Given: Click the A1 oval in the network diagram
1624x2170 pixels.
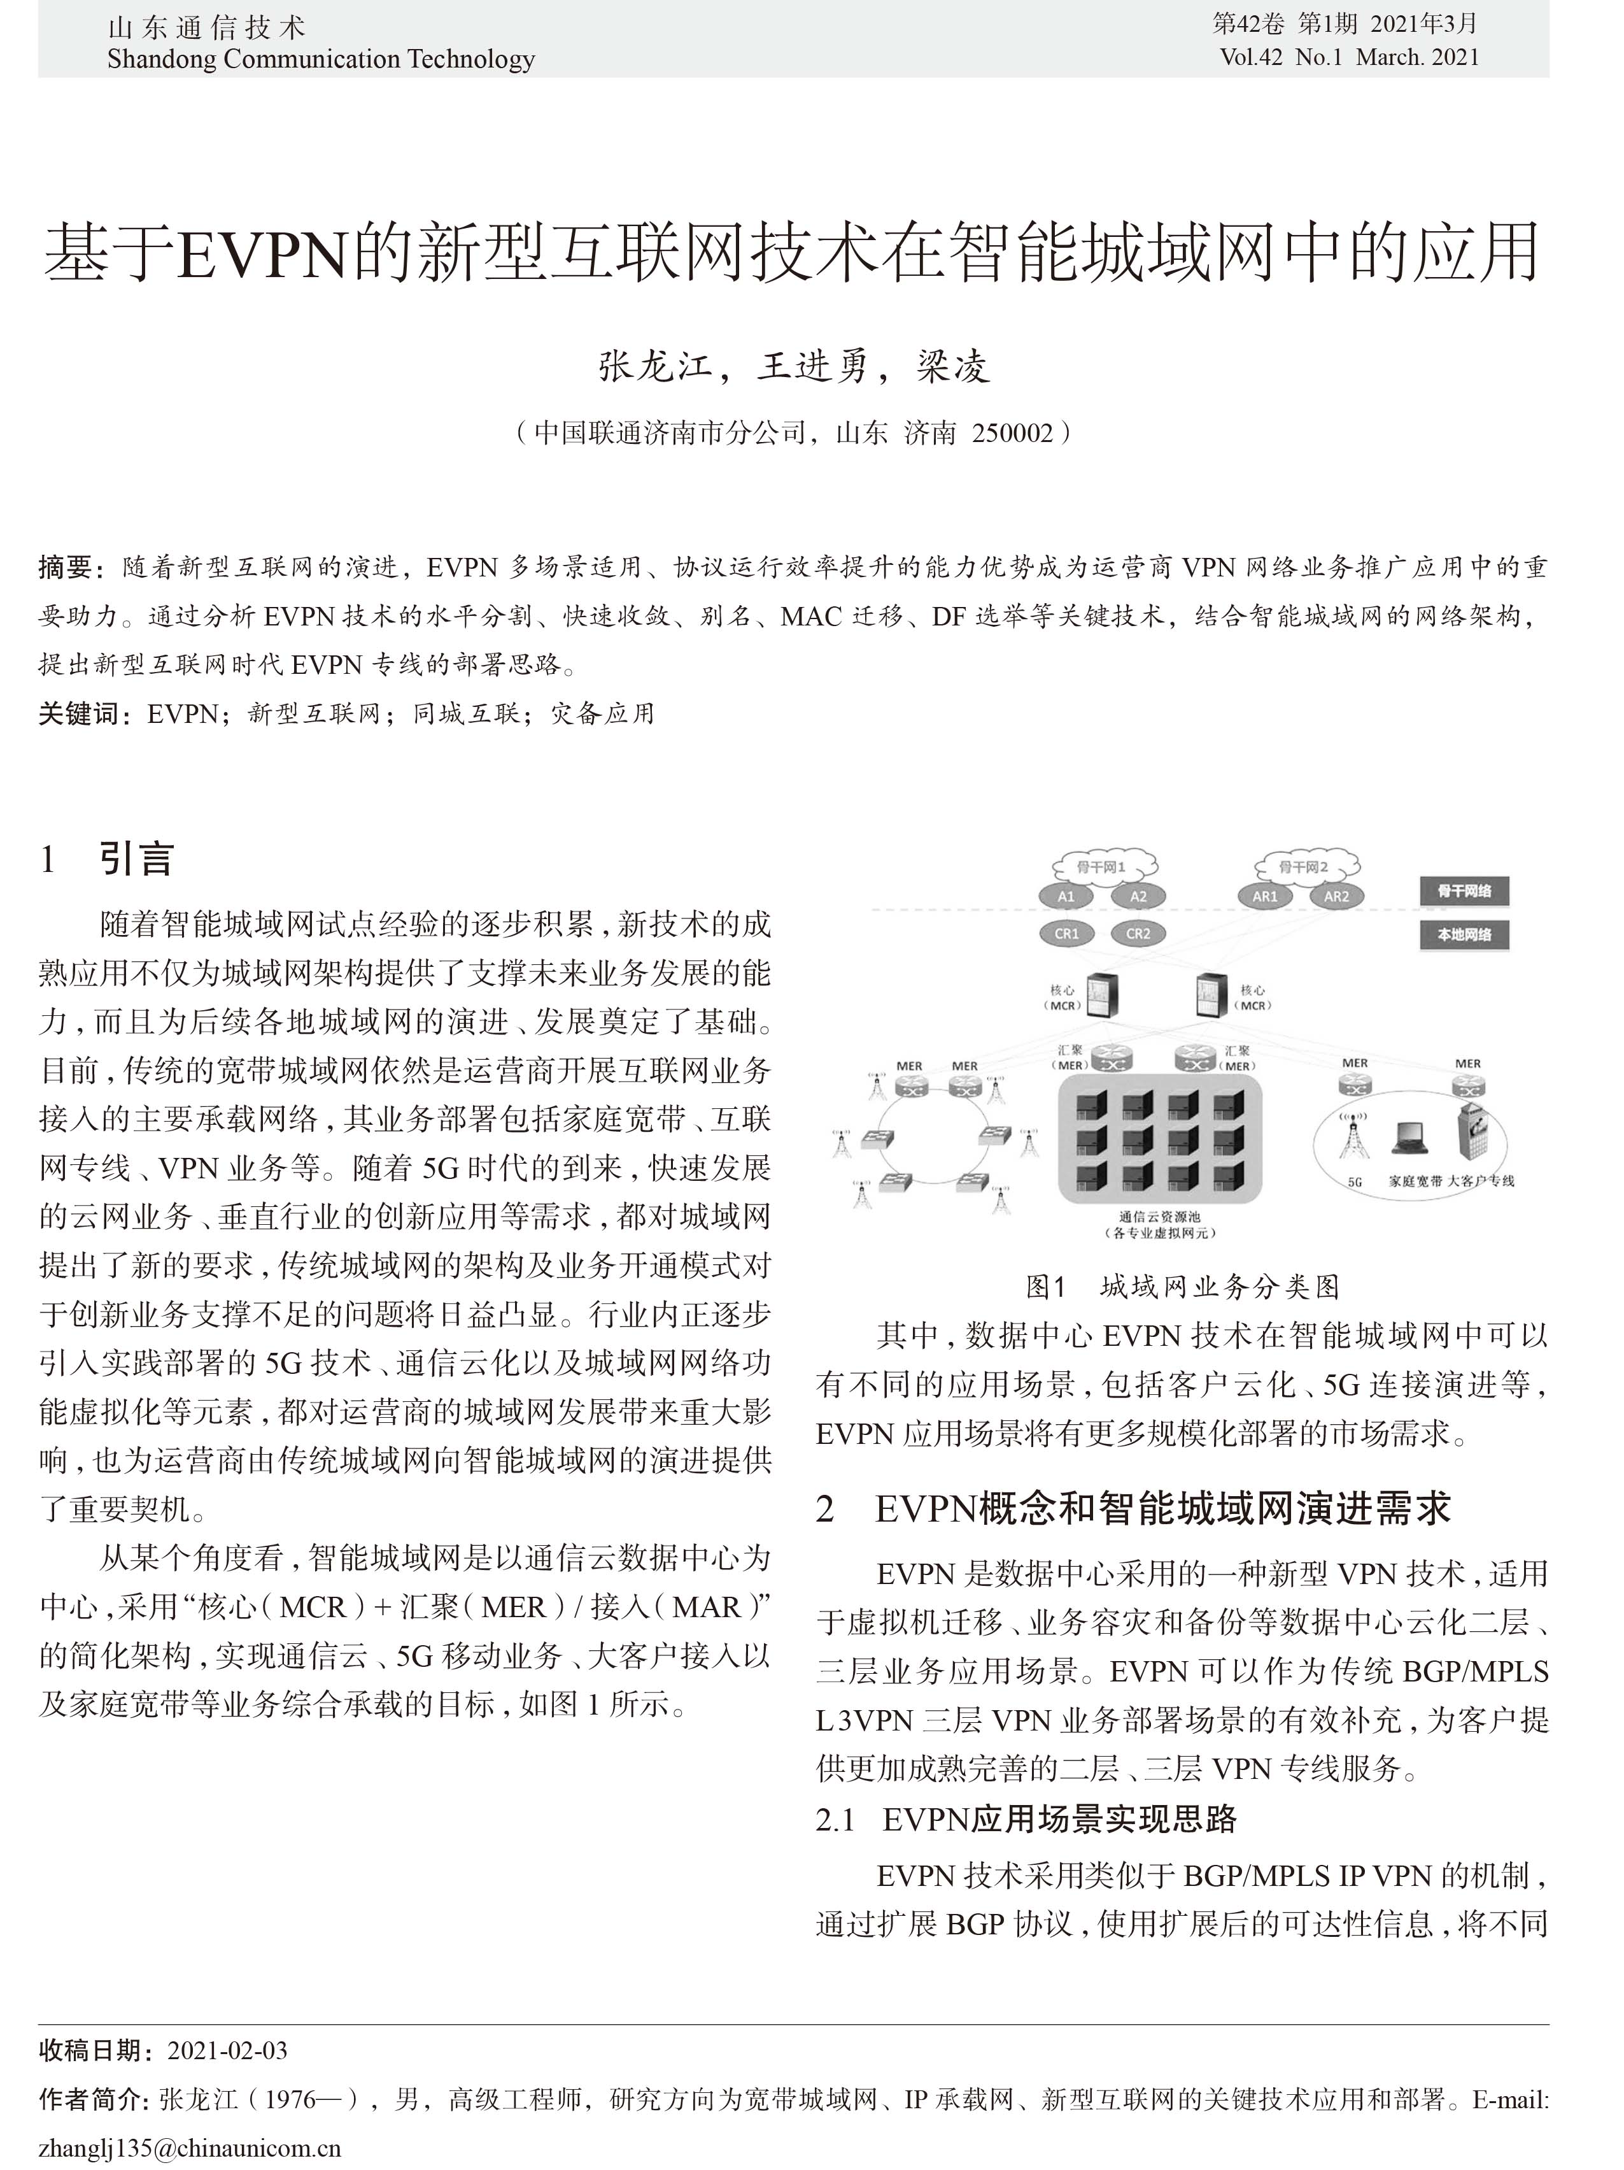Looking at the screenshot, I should [x=1065, y=896].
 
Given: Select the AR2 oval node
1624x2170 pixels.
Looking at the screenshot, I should [x=1336, y=896].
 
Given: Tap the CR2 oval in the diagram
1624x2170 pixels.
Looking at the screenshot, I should [x=1138, y=933].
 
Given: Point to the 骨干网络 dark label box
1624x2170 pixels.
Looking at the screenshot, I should [x=1464, y=891].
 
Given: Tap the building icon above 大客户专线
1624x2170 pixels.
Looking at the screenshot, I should [x=1474, y=1133].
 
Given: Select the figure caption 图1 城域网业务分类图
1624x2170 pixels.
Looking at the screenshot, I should [x=1182, y=1285].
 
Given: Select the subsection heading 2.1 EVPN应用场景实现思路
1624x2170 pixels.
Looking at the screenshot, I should [x=1026, y=1819].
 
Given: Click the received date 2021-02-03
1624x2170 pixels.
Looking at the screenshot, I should [x=227, y=2050].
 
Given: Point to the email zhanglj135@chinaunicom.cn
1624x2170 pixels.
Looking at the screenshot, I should [x=189, y=2148].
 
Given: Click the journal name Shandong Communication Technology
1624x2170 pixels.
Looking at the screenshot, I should [x=321, y=59].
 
